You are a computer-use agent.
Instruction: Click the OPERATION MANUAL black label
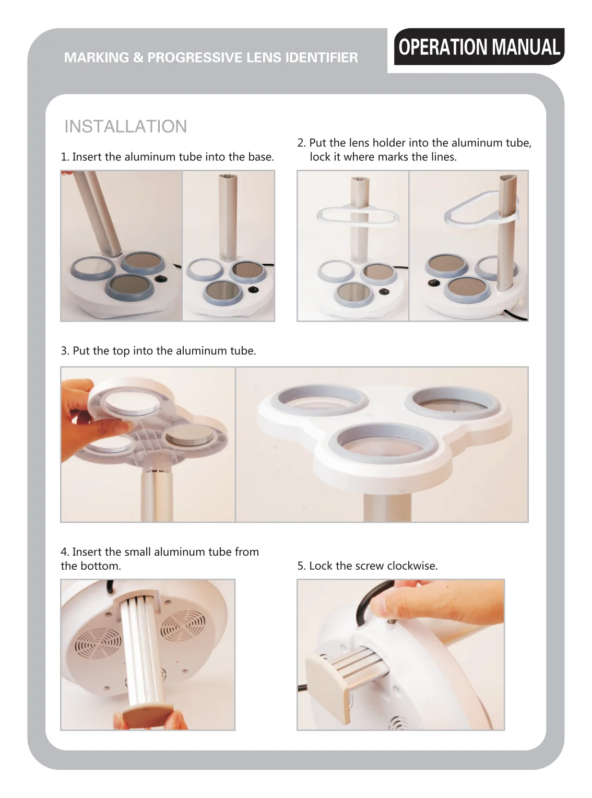click(479, 46)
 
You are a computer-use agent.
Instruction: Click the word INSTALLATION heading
click(125, 126)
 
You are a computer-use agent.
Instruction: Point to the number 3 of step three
click(64, 351)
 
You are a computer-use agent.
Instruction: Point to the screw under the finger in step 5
click(390, 621)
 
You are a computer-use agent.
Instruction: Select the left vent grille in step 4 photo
click(98, 646)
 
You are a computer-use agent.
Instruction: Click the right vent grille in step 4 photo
click(182, 626)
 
